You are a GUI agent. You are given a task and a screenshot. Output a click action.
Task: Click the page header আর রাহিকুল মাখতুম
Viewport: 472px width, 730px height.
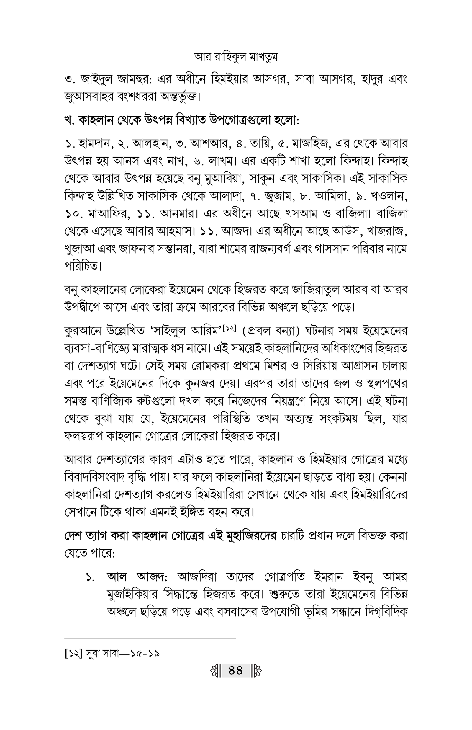[x=236, y=57]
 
